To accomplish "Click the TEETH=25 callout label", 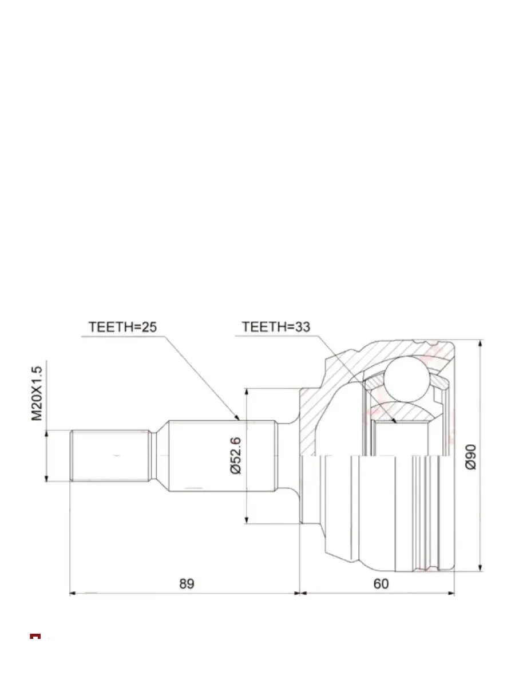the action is pos(122,327).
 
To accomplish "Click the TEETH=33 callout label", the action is pos(276,327).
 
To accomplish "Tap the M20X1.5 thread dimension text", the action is pos(36,393).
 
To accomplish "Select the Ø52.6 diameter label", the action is pos(236,456).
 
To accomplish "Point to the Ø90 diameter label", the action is pos(470,457).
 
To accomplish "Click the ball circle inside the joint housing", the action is pos(406,379).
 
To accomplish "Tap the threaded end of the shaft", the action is pos(109,456).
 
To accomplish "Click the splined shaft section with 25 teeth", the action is pos(223,456).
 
